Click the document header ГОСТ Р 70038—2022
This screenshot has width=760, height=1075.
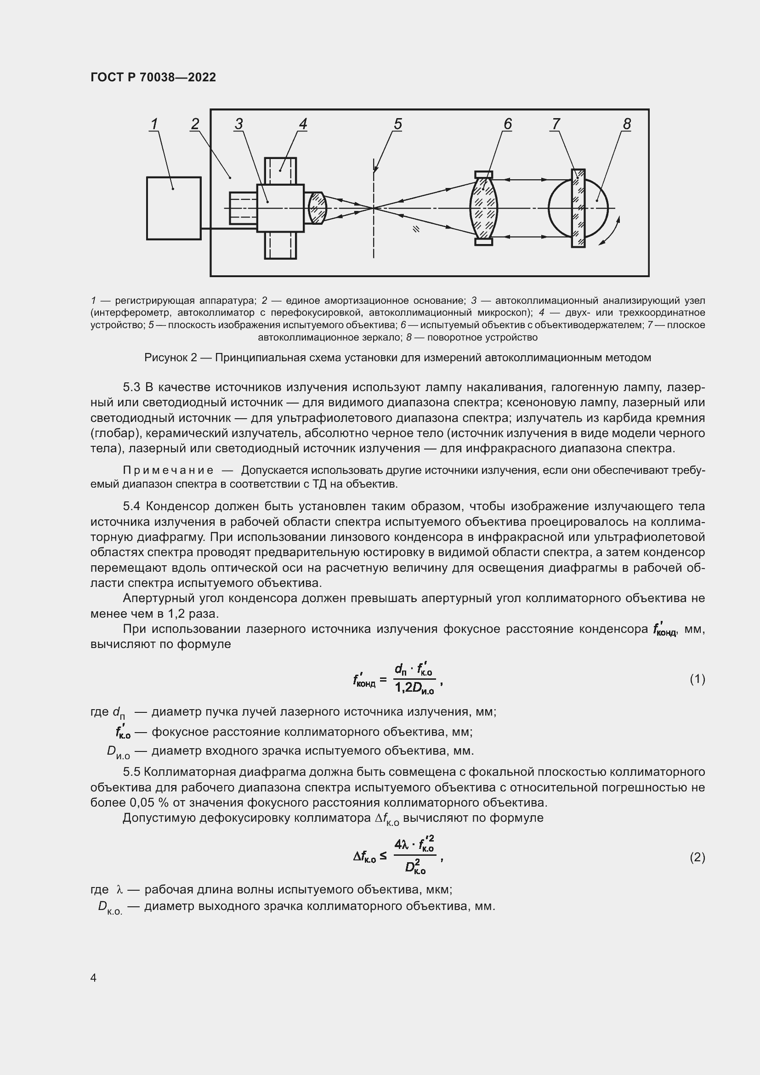(x=153, y=77)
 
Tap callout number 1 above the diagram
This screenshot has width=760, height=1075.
(x=154, y=124)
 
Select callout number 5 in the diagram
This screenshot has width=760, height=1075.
(x=398, y=124)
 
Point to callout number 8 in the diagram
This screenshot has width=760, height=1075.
(x=627, y=124)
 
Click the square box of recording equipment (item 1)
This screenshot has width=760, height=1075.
(x=174, y=208)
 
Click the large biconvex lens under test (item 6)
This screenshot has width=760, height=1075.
(x=483, y=208)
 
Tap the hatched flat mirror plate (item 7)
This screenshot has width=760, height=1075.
(x=578, y=208)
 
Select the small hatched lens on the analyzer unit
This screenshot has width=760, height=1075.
(x=318, y=207)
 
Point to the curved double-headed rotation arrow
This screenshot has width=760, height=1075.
(x=610, y=231)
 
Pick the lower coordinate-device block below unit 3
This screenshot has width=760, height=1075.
(x=280, y=245)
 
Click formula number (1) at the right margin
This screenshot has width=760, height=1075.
(x=697, y=679)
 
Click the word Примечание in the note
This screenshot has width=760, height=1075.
(x=168, y=470)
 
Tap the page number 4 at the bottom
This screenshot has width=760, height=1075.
(x=93, y=978)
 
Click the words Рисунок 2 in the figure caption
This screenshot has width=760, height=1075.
(x=170, y=358)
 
